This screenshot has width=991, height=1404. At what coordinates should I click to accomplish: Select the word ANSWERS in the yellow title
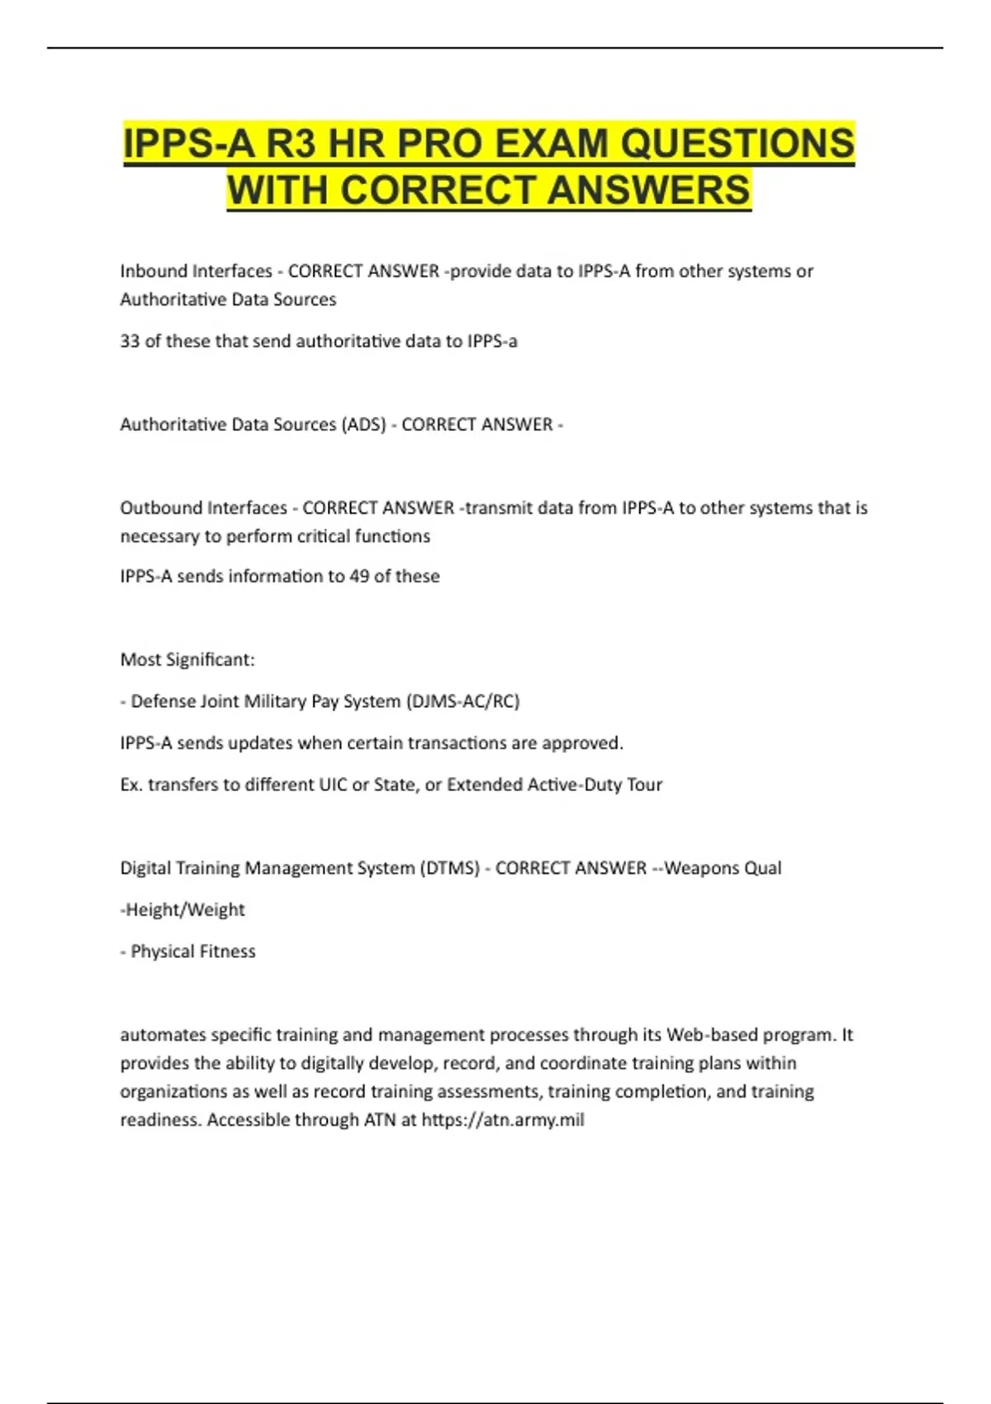(x=648, y=190)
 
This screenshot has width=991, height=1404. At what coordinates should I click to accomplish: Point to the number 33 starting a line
(x=130, y=341)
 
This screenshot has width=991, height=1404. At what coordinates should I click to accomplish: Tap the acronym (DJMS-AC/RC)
(x=462, y=701)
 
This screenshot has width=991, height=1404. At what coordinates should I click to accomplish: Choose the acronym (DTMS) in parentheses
(x=449, y=868)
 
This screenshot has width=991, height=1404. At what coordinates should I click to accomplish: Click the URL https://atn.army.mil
(x=503, y=1120)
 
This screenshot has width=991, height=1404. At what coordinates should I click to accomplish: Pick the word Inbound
(x=154, y=271)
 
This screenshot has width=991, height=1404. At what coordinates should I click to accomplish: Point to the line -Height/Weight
(x=183, y=910)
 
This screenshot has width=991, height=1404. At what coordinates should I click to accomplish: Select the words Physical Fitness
(x=193, y=951)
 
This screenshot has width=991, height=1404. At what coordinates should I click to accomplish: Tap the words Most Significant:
(x=187, y=660)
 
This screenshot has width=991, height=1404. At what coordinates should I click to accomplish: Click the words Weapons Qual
(x=723, y=868)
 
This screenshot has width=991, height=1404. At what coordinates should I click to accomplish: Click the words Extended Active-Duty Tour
(x=554, y=785)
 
